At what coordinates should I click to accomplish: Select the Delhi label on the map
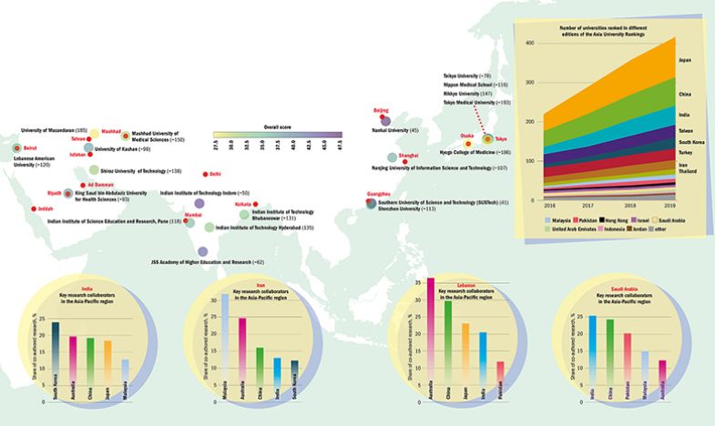coord(215,173)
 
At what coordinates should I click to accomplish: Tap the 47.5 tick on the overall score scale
coord(337,144)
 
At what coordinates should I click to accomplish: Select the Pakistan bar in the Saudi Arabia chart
coord(628,367)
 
